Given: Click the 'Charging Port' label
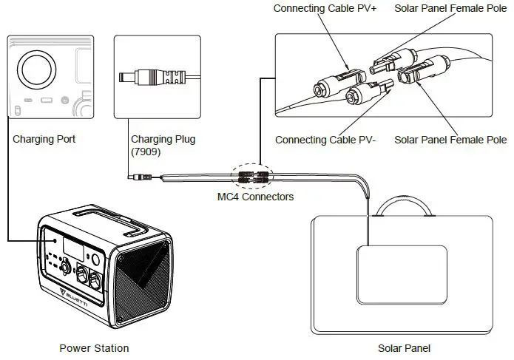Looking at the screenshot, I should coord(44,138).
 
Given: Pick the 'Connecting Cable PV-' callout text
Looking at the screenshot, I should coord(322,140).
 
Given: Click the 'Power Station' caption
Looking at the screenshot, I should coord(93,348).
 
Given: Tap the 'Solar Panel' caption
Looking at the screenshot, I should coord(404,348).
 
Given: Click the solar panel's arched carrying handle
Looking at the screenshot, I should coord(404,202).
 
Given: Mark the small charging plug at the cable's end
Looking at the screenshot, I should coord(136,177).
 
